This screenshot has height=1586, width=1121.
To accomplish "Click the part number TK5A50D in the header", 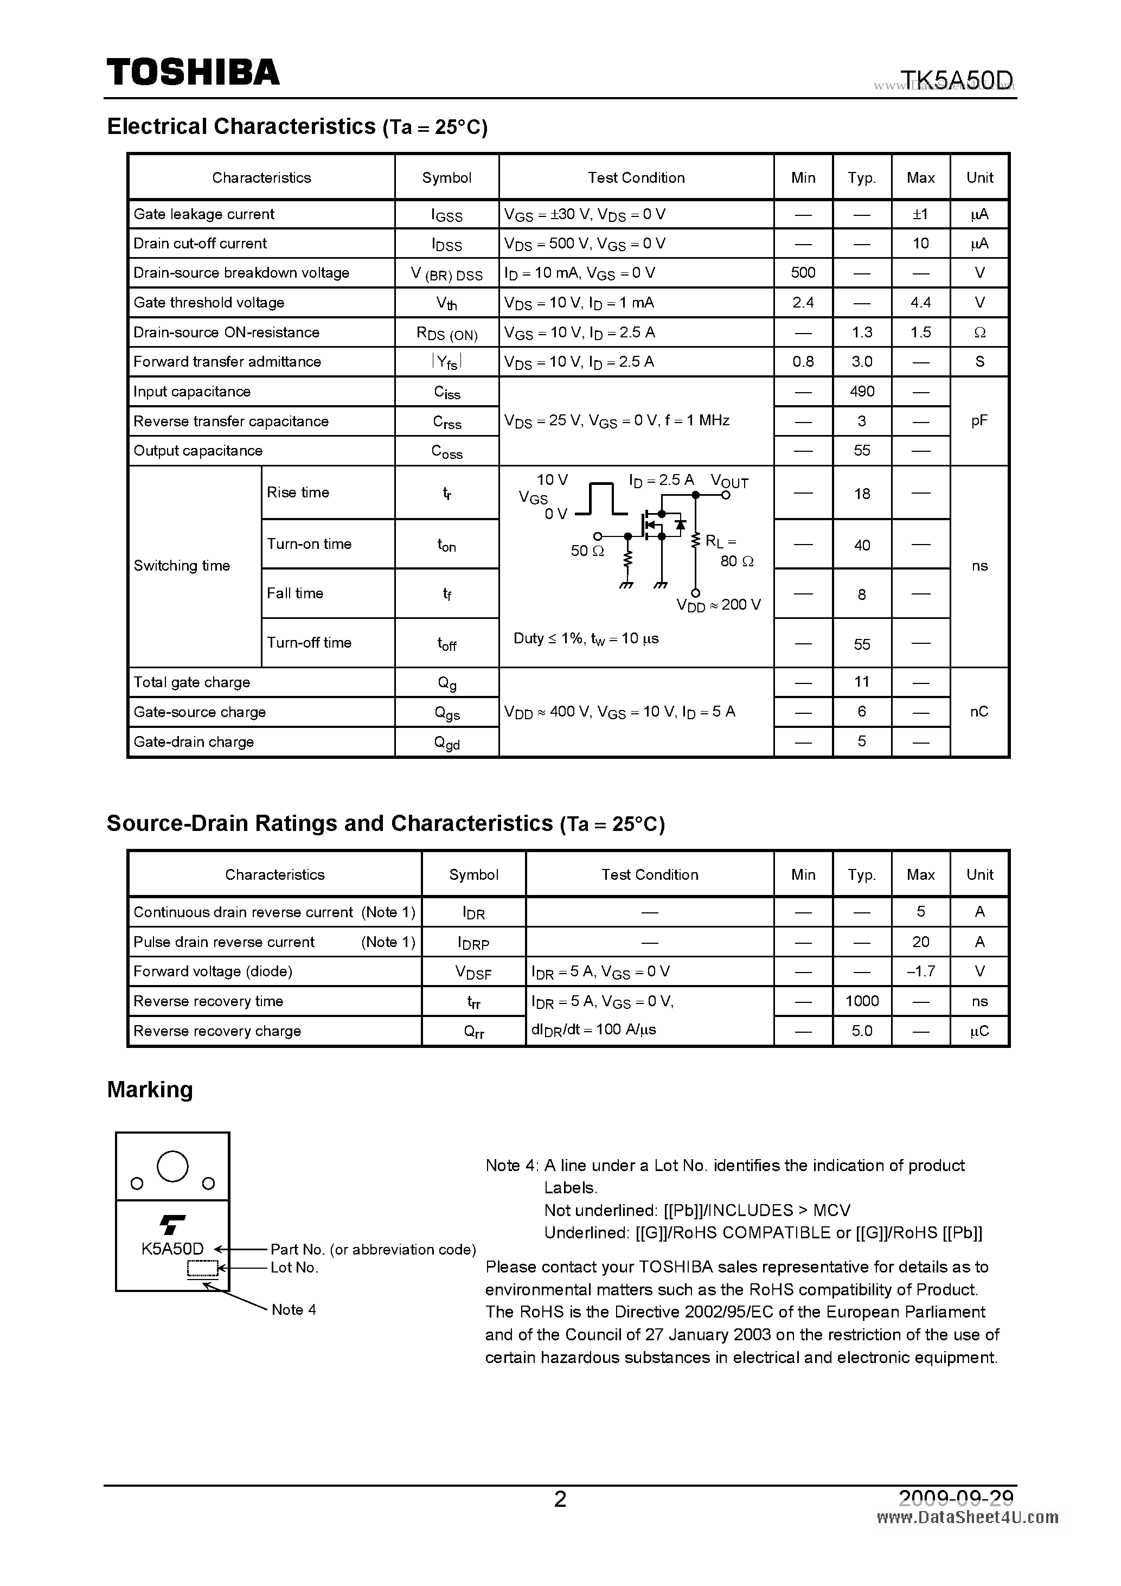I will point(957,81).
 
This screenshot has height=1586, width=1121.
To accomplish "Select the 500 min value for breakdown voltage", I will point(803,273).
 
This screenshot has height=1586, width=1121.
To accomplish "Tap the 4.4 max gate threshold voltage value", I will point(920,303).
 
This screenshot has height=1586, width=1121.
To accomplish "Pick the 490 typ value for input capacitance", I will point(861,392).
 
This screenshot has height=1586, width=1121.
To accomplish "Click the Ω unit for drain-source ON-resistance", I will point(979,332).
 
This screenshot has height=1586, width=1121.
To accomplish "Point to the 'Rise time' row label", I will point(298,493).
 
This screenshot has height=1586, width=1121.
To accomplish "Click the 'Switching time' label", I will point(182,566).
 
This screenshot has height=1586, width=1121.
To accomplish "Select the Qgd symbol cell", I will point(446,743).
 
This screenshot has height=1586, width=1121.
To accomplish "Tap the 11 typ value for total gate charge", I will point(861,682).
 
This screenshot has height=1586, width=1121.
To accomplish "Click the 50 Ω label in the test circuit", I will point(587,551).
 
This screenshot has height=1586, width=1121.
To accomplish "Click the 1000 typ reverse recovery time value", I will point(861,1001).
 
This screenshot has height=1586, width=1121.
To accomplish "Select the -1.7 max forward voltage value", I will point(920,971).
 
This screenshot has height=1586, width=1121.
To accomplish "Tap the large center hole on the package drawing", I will point(172,1167).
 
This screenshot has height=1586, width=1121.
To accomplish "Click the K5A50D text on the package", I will point(172,1249).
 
